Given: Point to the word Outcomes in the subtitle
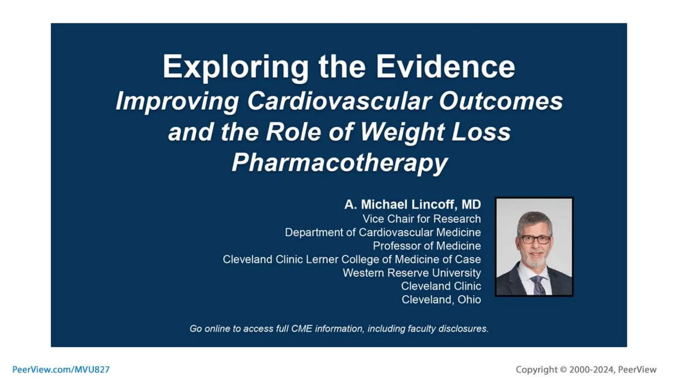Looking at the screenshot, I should (501, 101).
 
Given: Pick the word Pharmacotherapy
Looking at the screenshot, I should (339, 163).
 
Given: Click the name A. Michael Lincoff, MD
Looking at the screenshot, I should (412, 204).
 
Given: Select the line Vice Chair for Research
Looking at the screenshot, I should (421, 219).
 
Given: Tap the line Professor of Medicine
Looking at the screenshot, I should (427, 246).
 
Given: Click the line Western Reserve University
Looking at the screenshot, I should (412, 273).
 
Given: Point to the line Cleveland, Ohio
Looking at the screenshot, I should (441, 300).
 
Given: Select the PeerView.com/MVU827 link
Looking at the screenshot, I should (61, 369).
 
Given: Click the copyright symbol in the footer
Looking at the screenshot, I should (563, 369).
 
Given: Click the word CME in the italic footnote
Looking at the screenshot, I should (301, 329).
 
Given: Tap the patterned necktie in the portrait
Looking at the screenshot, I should (538, 285).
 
